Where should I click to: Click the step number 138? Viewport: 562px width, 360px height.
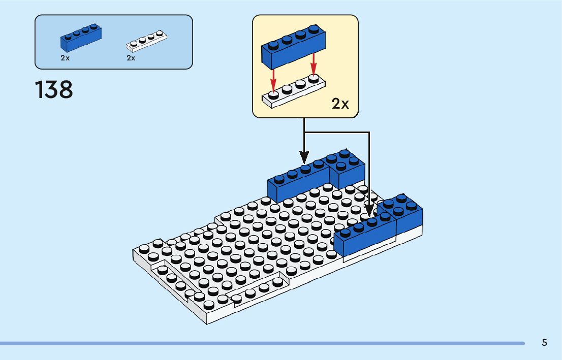(x=54, y=90)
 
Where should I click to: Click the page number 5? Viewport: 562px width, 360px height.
(x=544, y=342)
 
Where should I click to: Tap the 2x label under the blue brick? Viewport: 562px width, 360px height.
(x=65, y=58)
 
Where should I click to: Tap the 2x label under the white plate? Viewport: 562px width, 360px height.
(x=131, y=58)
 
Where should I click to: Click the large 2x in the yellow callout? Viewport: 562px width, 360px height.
(x=340, y=104)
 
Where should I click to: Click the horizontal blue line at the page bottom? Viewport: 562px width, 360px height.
(x=262, y=343)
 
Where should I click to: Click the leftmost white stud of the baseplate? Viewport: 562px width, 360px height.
(x=144, y=248)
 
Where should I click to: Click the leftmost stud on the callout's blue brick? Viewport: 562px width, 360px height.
(x=273, y=45)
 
